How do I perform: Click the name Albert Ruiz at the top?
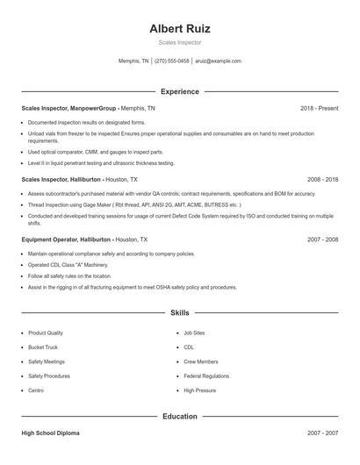tap(180, 28)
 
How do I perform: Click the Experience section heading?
tap(180, 91)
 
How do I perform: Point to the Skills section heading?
tap(180, 312)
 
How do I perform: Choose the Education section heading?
tap(180, 416)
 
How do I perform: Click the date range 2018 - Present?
tap(320, 108)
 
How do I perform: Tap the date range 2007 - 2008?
tap(323, 239)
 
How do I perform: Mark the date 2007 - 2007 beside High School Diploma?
tap(323, 433)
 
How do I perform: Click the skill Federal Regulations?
tap(206, 376)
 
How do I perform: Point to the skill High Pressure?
tap(200, 390)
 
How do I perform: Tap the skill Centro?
tap(36, 390)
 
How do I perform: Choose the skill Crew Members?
tap(201, 361)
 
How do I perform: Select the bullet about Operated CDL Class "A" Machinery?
tap(68, 264)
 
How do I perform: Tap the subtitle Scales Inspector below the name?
tap(180, 42)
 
